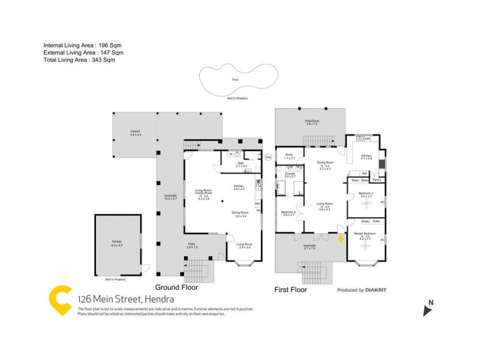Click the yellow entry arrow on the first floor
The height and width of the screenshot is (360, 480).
tap(341, 239)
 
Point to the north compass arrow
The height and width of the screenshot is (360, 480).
tap(428, 310)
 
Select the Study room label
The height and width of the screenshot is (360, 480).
tap(289, 157)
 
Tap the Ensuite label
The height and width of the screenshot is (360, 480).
tap(290, 175)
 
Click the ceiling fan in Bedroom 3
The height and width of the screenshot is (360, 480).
tap(366, 202)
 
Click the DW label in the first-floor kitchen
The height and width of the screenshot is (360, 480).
tap(367, 139)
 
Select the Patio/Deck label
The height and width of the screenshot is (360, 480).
tap(311, 122)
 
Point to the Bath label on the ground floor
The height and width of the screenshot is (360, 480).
tap(240, 164)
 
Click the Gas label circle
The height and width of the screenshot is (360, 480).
tap(268, 157)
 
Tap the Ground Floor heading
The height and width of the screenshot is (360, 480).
tap(176, 287)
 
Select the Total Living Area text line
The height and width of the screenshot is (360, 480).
tap(79, 60)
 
